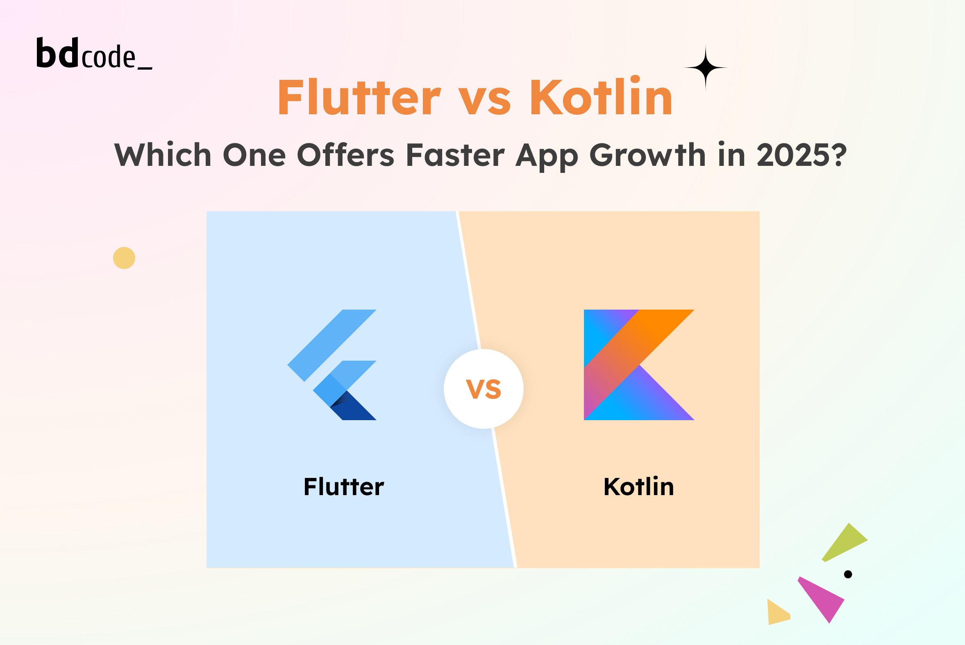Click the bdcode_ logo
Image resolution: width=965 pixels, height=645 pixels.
click(x=94, y=53)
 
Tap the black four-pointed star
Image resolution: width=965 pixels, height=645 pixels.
click(x=705, y=68)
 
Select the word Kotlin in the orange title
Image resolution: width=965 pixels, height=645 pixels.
click(x=601, y=96)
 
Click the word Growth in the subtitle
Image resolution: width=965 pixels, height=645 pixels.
click(x=647, y=155)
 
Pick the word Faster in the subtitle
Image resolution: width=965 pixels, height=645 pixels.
click(x=455, y=156)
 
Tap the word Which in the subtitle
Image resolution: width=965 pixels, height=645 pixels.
click(x=163, y=155)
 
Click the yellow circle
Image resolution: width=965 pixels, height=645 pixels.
click(x=124, y=258)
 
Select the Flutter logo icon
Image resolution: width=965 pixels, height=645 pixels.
click(x=332, y=365)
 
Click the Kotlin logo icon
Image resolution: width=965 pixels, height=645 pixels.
click(x=639, y=365)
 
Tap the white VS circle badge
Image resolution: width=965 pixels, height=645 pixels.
click(x=484, y=389)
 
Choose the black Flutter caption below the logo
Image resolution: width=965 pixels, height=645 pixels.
click(x=344, y=487)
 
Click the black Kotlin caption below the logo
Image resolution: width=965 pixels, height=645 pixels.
click(x=639, y=487)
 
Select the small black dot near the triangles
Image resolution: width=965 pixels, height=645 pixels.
click(x=848, y=574)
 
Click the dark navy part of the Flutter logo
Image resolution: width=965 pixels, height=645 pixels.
click(x=355, y=407)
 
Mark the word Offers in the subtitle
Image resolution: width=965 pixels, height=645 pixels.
click(x=345, y=155)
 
